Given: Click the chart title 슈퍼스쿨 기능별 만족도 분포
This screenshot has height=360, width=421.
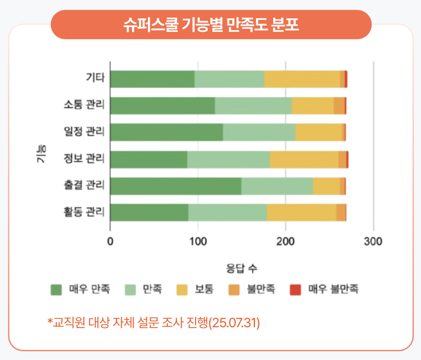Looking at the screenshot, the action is tap(211, 25).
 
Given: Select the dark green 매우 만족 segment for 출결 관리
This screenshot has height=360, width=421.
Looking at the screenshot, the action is tap(176, 186).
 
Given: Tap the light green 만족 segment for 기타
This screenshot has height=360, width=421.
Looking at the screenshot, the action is tap(229, 79).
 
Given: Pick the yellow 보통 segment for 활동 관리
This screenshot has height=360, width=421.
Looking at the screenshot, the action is tap(301, 213).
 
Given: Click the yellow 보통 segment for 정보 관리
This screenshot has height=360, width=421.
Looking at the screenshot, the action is tap(304, 160).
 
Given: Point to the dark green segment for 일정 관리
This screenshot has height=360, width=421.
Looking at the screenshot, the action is tap(167, 132).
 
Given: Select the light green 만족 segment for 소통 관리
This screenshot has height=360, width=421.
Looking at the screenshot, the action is tap(254, 106).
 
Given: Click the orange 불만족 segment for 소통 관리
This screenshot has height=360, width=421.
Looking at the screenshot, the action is tap(340, 106).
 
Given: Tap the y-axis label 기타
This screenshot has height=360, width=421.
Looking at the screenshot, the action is tap(95, 77).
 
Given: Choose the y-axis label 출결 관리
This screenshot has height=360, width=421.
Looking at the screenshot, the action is tap(84, 185).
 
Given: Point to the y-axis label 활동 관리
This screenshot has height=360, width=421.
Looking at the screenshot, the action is tap(84, 212).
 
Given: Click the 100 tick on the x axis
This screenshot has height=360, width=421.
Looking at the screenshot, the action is tap(198, 241).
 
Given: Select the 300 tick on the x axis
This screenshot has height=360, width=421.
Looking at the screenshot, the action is tap(373, 241).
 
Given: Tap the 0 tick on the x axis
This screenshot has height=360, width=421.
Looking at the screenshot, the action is tap(110, 241).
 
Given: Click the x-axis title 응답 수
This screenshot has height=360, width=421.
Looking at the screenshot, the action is tap(242, 268).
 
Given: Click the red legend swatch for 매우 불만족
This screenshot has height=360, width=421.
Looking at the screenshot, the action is tap(296, 290).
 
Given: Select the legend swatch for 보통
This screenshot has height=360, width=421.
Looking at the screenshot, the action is tap(182, 290).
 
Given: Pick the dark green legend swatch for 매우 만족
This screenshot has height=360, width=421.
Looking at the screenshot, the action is tap(56, 290).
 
